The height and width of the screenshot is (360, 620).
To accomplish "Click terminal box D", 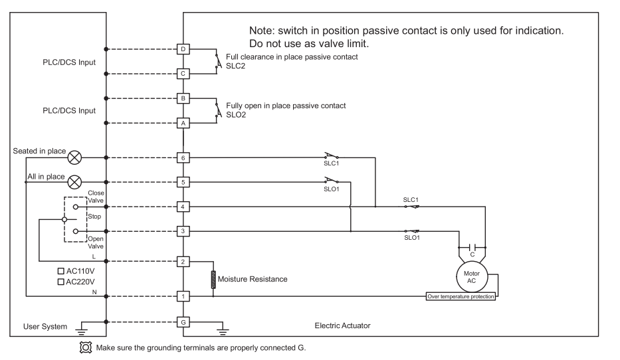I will coord(183,49).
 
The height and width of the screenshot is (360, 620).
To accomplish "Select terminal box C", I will coord(183,73).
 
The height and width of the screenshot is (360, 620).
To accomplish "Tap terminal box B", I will coord(183,98).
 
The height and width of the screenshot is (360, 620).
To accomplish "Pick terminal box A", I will coord(183,122).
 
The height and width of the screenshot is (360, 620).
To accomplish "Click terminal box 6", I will coord(183,158).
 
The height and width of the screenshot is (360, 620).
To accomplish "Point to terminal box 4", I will coord(183,207).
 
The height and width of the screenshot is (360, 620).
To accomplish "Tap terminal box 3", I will coord(183,231).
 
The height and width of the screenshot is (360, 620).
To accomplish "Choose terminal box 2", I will coord(183,261).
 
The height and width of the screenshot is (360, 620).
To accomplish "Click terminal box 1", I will coord(183,296).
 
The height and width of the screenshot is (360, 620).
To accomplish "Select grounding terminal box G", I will coord(183,322).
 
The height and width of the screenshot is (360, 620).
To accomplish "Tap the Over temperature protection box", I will coord(461,296).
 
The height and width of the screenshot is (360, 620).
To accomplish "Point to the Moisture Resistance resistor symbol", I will coord(213,279).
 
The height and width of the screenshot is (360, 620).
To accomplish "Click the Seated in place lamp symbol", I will coord(75,158).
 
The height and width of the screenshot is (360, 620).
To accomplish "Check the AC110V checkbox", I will coord(61,272).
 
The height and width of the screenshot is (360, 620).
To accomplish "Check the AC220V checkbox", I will coord(61,282).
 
